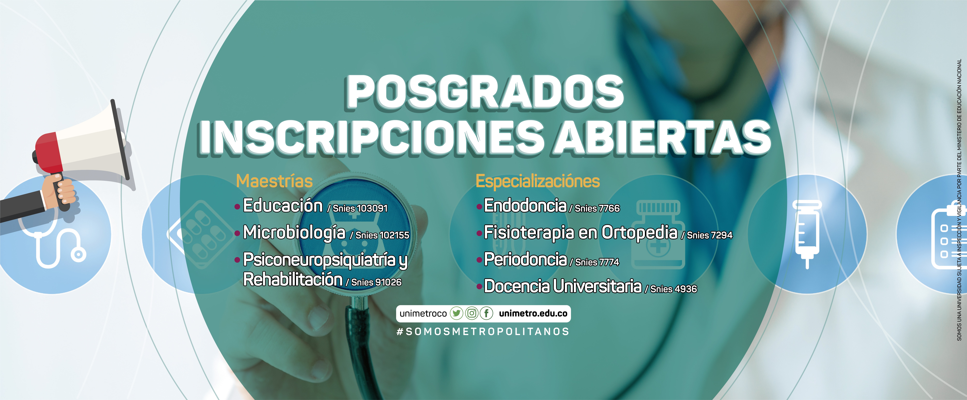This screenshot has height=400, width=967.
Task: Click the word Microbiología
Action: tap(294, 233)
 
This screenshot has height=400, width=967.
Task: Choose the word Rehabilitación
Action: tap(293, 279)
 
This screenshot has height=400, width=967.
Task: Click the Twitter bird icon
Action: tap(456, 313)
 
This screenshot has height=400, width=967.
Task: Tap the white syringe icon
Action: tap(807, 234)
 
